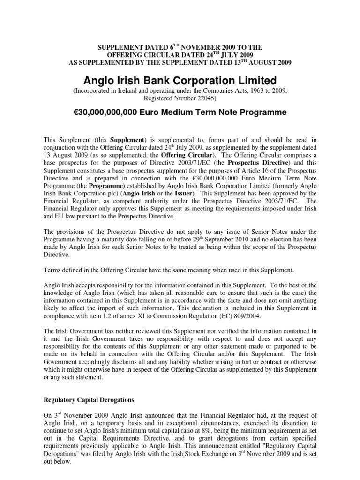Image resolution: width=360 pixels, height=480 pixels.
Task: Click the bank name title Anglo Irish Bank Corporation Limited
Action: click(180, 80)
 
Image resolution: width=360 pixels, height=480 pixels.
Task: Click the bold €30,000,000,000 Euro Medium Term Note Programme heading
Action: click(180, 112)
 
